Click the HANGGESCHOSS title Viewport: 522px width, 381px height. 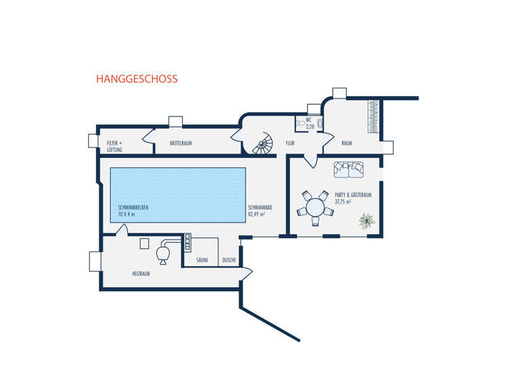click(137, 79)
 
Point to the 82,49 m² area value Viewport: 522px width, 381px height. click(256, 214)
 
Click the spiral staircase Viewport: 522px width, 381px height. click(263, 144)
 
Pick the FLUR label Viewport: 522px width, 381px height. click(290, 144)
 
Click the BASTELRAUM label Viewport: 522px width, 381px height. click(182, 144)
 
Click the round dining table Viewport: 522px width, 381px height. click(316, 206)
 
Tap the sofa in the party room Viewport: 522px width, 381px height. click(349, 169)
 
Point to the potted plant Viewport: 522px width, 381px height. click(367, 220)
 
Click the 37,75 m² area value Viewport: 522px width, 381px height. click(343, 202)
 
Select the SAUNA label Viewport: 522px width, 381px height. click(202, 260)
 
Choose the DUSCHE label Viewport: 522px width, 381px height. click(229, 260)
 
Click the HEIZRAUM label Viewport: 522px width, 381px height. click(141, 274)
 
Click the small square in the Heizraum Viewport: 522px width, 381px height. click(145, 243)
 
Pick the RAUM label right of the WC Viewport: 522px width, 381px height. click(347, 144)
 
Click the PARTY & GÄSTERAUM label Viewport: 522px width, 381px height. click(353, 195)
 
